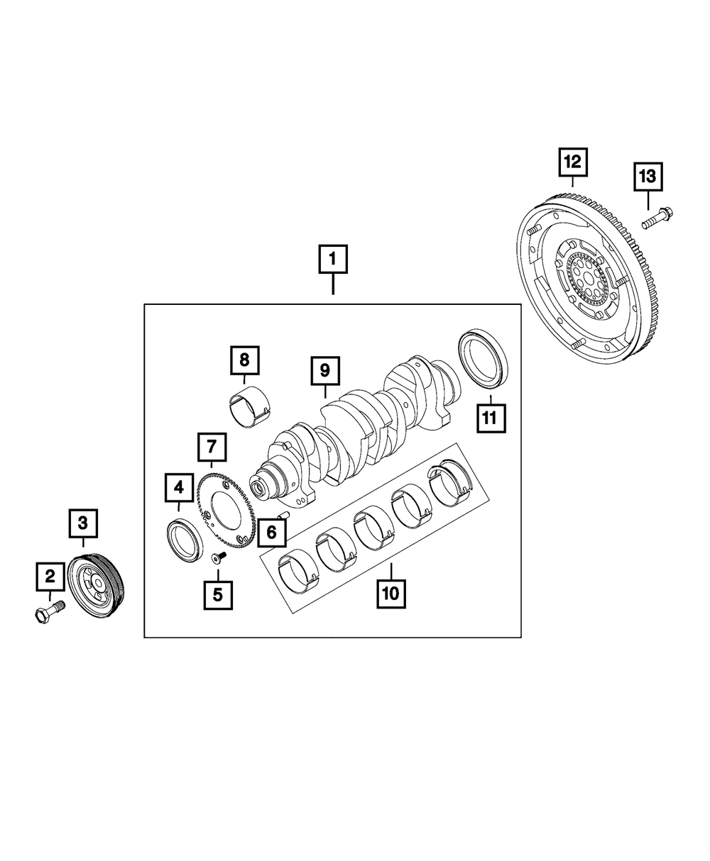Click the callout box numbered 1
pyautogui.click(x=332, y=260)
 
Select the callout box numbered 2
pyautogui.click(x=50, y=577)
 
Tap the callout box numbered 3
pyautogui.click(x=83, y=524)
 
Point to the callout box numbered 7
pyautogui.click(x=212, y=448)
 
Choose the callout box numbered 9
pyautogui.click(x=324, y=370)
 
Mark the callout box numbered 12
pyautogui.click(x=572, y=162)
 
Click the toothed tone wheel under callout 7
pyautogui.click(x=225, y=505)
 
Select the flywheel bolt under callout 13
pyautogui.click(x=657, y=217)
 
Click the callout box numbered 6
pyautogui.click(x=271, y=533)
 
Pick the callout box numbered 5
pyautogui.click(x=218, y=594)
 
